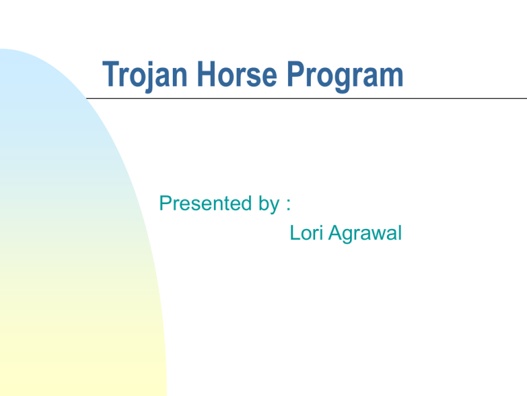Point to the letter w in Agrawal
377,236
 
